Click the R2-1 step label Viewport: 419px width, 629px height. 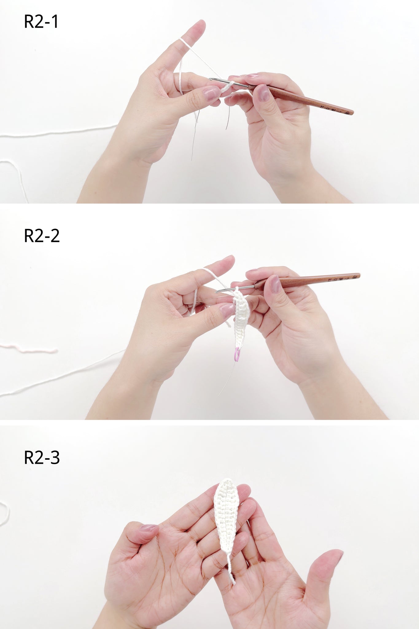[x=41, y=22]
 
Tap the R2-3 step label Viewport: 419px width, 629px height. [x=42, y=458]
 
